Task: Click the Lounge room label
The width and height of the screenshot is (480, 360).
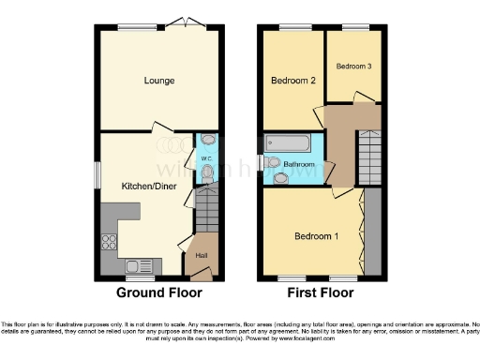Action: (158, 81)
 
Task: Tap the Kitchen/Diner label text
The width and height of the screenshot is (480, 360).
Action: (145, 186)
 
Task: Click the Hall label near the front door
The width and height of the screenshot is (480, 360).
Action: (201, 254)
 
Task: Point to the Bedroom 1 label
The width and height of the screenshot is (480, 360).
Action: (316, 235)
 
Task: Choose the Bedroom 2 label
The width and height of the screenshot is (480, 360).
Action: (292, 82)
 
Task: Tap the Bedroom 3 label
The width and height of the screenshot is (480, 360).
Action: (353, 66)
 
